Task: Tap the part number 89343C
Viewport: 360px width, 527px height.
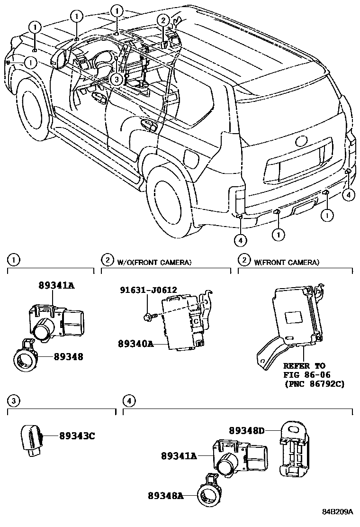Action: (x=77, y=435)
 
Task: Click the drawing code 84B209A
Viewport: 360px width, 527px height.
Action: (x=338, y=512)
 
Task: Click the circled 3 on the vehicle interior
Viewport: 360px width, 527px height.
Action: (x=117, y=80)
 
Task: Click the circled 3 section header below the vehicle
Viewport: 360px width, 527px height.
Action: (x=14, y=401)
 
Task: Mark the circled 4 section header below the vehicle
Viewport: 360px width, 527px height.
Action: (x=129, y=401)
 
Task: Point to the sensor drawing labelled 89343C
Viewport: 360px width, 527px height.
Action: (x=32, y=439)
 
